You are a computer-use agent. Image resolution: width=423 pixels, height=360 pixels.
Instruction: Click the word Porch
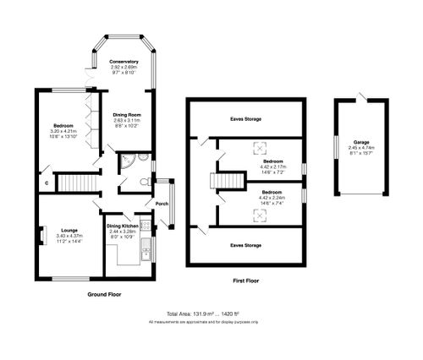pos(161,204)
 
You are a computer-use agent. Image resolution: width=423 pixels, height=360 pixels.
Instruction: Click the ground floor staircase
pos(77,182)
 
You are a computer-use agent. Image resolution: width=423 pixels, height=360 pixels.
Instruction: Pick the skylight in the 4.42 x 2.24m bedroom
pos(259,215)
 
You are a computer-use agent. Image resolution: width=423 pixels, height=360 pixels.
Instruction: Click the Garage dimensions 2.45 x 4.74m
pos(362,153)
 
